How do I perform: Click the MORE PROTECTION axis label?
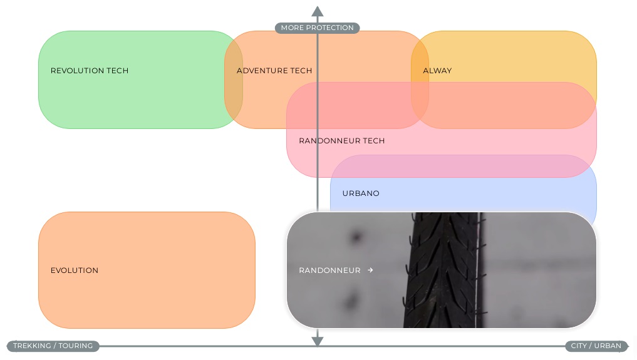[318, 28]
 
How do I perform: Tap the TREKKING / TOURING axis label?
[53, 346]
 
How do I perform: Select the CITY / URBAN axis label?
[596, 346]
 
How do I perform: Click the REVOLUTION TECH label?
[90, 71]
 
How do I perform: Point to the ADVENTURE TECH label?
[274, 71]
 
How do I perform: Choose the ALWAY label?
[437, 71]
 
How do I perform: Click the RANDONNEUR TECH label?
[341, 141]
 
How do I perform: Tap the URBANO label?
[361, 193]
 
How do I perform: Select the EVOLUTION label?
[75, 270]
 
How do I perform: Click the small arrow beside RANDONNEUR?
[370, 270]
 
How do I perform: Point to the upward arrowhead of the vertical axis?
[318, 11]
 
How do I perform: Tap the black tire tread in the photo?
[443, 270]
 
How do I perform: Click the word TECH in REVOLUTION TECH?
[117, 71]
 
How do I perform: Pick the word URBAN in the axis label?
[608, 346]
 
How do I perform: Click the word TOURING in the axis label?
[76, 346]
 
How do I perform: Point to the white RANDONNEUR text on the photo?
[329, 270]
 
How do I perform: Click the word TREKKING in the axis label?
[32, 346]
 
